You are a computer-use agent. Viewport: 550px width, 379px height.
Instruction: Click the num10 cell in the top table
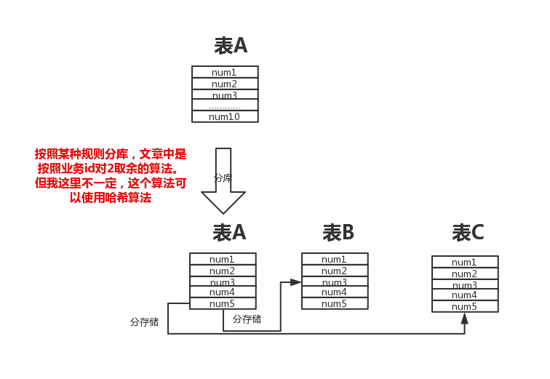225,116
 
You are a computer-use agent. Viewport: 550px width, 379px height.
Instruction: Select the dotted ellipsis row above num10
225,106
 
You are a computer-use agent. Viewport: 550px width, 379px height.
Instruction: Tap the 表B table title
338,233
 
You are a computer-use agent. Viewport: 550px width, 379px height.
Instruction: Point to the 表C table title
468,233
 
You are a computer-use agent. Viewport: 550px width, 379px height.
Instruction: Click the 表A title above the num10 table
231,46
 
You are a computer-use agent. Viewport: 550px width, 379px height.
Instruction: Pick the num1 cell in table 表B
335,259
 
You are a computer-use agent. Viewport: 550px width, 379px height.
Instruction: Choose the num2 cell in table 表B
335,271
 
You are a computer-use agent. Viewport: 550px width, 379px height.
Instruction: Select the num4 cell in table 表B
335,292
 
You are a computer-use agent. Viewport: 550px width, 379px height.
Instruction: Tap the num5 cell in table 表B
335,303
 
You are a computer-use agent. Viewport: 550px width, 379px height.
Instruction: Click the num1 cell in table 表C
465,262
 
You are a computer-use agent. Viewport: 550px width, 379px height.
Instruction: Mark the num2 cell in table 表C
465,274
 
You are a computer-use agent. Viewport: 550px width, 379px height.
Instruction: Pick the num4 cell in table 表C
465,295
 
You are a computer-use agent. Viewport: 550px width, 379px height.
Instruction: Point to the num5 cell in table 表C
465,306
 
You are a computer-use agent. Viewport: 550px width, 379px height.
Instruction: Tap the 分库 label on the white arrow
223,177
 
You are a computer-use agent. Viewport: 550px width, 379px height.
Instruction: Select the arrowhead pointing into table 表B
296,282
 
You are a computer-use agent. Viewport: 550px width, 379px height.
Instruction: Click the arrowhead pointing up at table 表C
464,319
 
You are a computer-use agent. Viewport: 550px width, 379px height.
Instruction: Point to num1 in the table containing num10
225,72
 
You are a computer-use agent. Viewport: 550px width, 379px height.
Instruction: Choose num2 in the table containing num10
225,84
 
